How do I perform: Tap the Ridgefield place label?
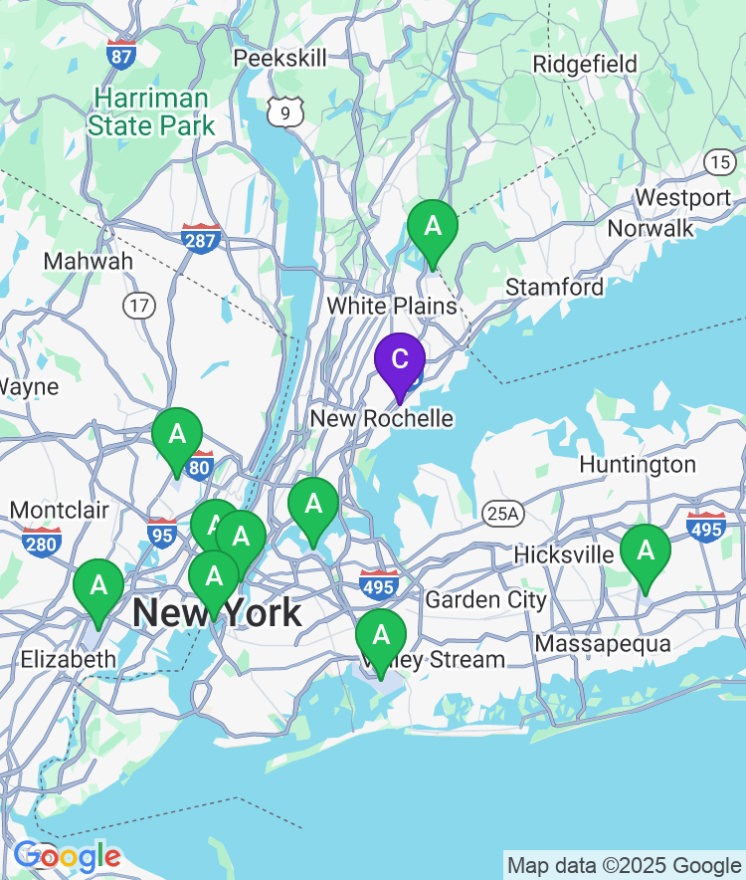585,65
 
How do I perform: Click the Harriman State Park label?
151,112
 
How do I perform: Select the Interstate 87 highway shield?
121,53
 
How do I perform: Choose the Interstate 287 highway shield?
201,239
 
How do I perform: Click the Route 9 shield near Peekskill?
284,112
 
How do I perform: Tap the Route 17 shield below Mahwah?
139,305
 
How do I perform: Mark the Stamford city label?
555,288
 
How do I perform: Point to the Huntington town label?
638,465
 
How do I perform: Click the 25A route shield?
502,514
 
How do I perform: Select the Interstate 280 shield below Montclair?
42,543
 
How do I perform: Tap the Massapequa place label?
603,644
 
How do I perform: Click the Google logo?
67,855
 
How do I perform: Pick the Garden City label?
485,600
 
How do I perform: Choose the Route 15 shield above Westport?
720,161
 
